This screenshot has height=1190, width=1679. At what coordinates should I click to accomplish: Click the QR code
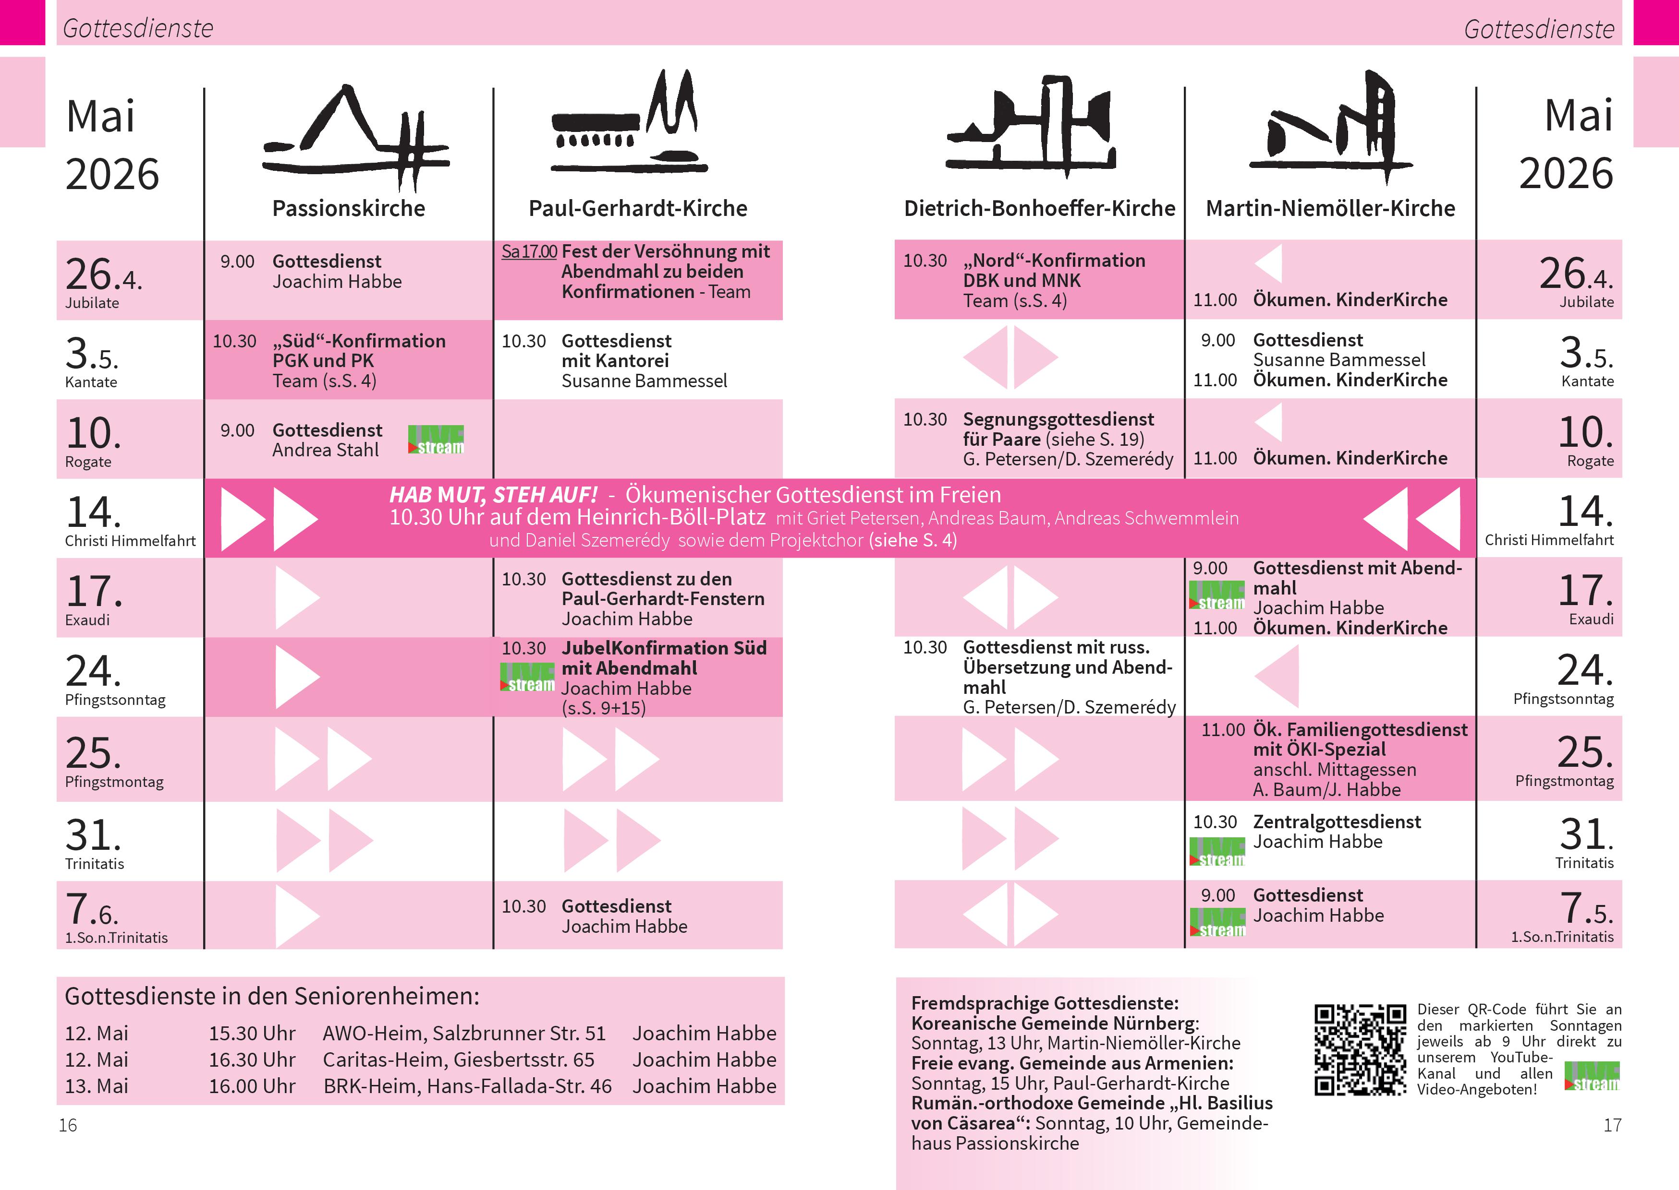(1360, 1049)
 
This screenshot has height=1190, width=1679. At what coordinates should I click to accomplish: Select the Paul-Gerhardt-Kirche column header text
(638, 209)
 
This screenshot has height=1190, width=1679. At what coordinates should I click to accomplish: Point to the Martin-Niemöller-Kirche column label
(1330, 209)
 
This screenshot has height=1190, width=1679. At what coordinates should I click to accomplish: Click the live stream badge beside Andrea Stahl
(436, 440)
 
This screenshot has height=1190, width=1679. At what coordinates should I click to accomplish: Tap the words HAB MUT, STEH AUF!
(493, 495)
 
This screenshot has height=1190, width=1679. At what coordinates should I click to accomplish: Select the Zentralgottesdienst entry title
(1337, 821)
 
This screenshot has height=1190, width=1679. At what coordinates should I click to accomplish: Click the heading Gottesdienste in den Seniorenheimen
(272, 997)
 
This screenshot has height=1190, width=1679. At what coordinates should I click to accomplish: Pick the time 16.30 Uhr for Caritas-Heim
(252, 1059)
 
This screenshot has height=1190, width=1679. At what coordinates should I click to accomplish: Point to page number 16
(67, 1125)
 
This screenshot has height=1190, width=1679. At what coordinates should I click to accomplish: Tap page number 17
(1612, 1125)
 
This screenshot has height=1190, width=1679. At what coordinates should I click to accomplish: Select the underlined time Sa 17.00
(529, 251)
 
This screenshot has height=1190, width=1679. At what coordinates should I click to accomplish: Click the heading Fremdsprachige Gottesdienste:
(1045, 1003)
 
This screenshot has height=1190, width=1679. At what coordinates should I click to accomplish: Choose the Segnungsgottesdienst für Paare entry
(1058, 429)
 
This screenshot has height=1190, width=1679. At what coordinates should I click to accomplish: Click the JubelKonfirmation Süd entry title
(664, 648)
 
